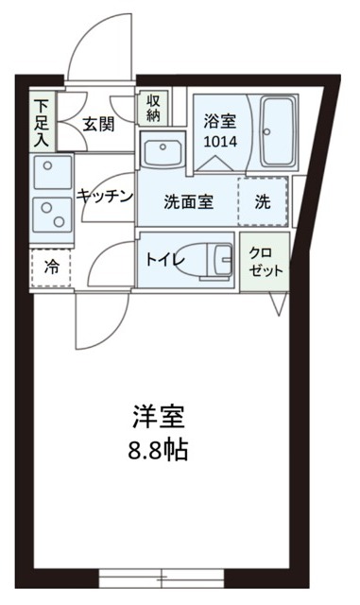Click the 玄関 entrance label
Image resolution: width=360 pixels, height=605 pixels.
97,123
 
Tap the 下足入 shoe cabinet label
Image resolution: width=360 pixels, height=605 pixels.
43,119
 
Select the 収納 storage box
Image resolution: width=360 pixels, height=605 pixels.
151,109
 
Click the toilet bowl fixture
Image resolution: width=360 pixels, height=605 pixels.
218,257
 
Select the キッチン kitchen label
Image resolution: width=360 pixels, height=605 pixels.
104,196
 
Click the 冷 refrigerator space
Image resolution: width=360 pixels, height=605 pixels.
49,268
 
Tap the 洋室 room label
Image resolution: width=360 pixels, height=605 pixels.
158,417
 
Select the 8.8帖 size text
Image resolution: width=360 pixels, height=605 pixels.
158,448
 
